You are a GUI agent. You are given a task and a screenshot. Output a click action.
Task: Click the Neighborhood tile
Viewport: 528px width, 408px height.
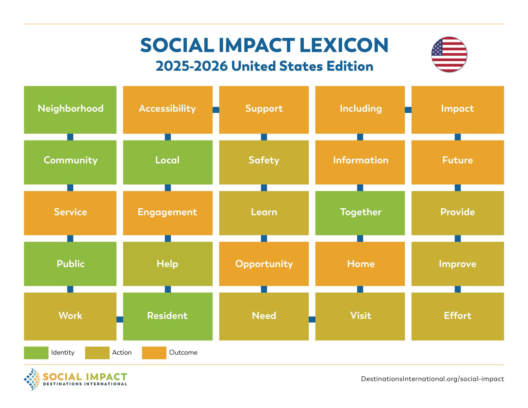point(70,110)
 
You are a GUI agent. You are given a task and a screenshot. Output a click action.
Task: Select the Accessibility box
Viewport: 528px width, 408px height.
point(168,110)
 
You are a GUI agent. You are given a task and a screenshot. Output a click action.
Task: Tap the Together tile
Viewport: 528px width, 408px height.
point(360,213)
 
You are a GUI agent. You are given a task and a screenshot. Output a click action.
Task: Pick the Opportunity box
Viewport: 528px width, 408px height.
point(264,264)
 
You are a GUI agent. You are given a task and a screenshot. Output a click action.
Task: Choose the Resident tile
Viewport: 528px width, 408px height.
point(168,316)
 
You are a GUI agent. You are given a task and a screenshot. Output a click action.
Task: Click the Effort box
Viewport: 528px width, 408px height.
point(458,316)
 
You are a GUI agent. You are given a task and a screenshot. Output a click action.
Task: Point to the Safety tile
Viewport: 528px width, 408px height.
point(264,162)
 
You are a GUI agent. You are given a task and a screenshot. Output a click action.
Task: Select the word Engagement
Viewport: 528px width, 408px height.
point(167,212)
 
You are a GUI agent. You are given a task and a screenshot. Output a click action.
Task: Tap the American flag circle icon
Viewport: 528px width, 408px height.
point(449,55)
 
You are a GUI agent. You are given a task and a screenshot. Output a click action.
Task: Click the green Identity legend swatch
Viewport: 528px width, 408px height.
point(36,353)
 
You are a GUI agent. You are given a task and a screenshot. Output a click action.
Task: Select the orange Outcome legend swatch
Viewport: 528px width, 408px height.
point(154,353)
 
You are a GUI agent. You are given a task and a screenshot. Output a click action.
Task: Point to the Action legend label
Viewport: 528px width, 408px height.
point(122,353)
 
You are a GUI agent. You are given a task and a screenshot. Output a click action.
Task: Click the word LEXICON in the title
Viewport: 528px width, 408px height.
point(344,45)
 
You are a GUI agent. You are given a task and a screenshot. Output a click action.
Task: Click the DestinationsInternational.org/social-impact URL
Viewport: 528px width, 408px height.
point(432,379)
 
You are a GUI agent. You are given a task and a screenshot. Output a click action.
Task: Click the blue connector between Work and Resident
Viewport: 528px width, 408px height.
point(120,320)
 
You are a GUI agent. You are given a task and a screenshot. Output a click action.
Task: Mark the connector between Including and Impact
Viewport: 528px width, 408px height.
point(408,110)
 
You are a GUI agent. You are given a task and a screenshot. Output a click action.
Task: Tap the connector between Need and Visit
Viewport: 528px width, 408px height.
point(312,320)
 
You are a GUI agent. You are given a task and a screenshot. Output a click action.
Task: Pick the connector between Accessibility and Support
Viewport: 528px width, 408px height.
point(216,110)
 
